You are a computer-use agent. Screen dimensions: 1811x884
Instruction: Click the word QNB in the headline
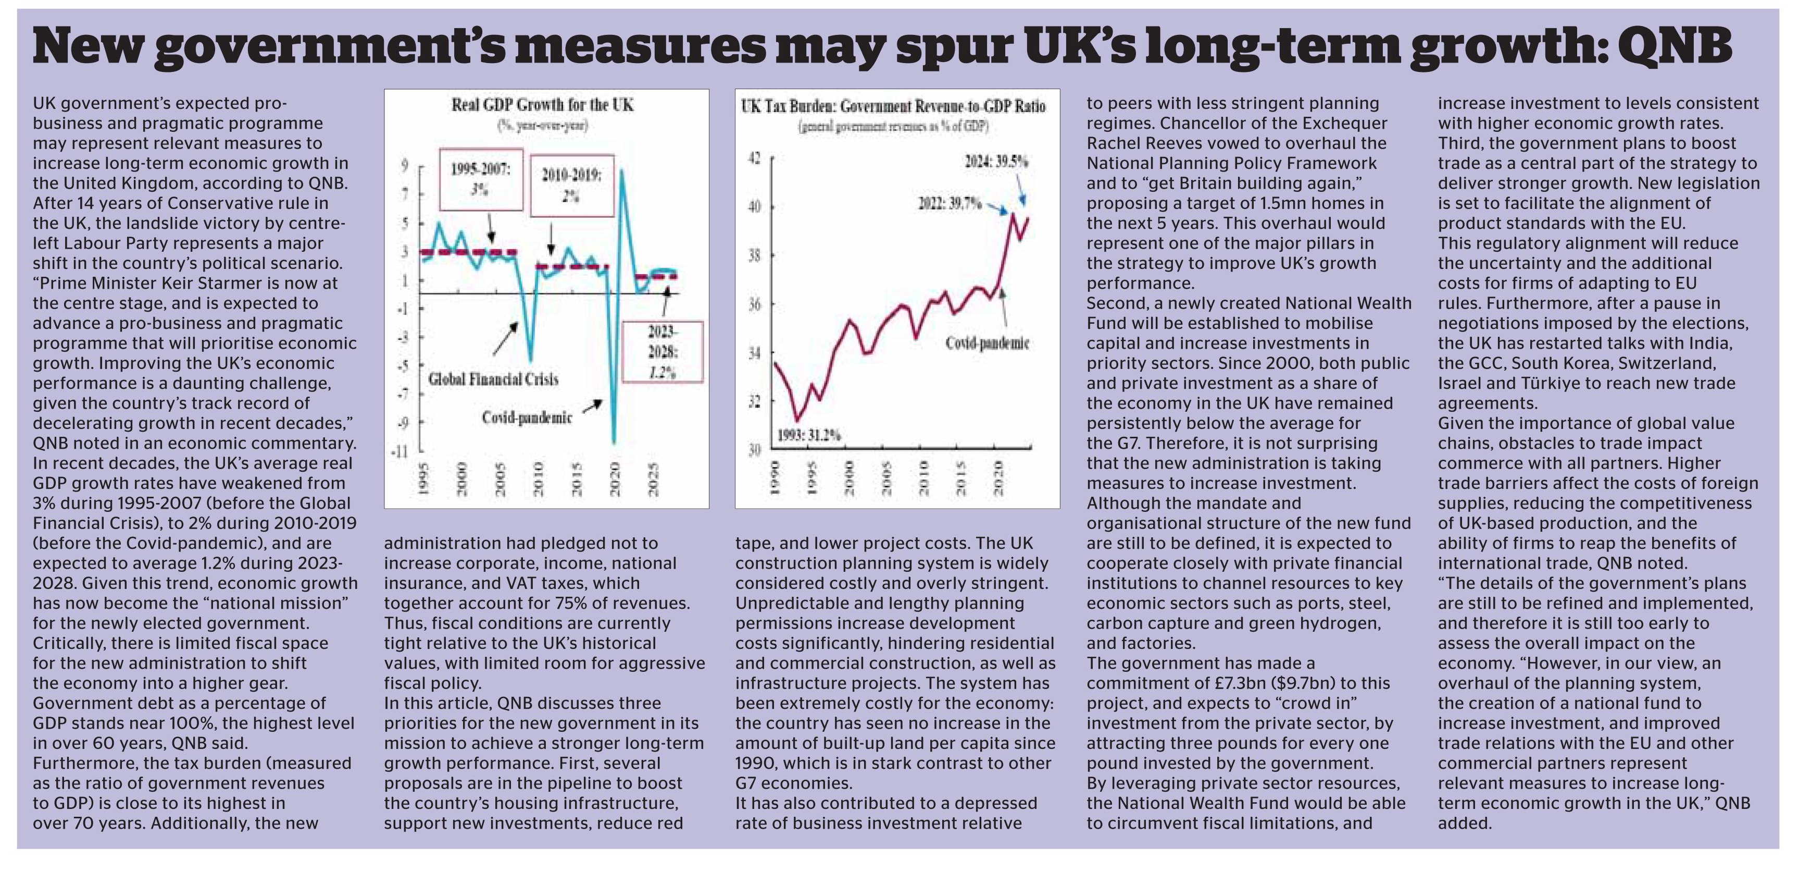pos(1674,46)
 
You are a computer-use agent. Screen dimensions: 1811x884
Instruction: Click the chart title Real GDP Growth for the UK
pos(542,105)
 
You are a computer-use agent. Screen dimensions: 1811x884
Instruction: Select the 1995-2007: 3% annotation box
pos(481,179)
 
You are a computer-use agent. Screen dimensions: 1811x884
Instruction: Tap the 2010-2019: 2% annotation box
pos(571,186)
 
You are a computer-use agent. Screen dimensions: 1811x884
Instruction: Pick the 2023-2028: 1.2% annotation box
pos(661,352)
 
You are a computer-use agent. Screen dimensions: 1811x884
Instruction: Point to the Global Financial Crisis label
pos(494,380)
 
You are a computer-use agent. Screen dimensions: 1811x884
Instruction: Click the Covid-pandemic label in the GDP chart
pos(527,418)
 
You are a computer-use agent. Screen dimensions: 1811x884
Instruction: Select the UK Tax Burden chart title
pos(893,106)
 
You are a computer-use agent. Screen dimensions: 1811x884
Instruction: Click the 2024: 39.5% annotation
pos(996,162)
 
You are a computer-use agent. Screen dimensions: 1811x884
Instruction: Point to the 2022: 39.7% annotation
pos(950,204)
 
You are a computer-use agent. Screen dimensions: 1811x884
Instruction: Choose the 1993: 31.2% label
pos(808,435)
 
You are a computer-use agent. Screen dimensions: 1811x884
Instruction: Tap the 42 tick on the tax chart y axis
pos(754,158)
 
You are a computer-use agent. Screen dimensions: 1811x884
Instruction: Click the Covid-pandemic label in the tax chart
pos(987,343)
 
